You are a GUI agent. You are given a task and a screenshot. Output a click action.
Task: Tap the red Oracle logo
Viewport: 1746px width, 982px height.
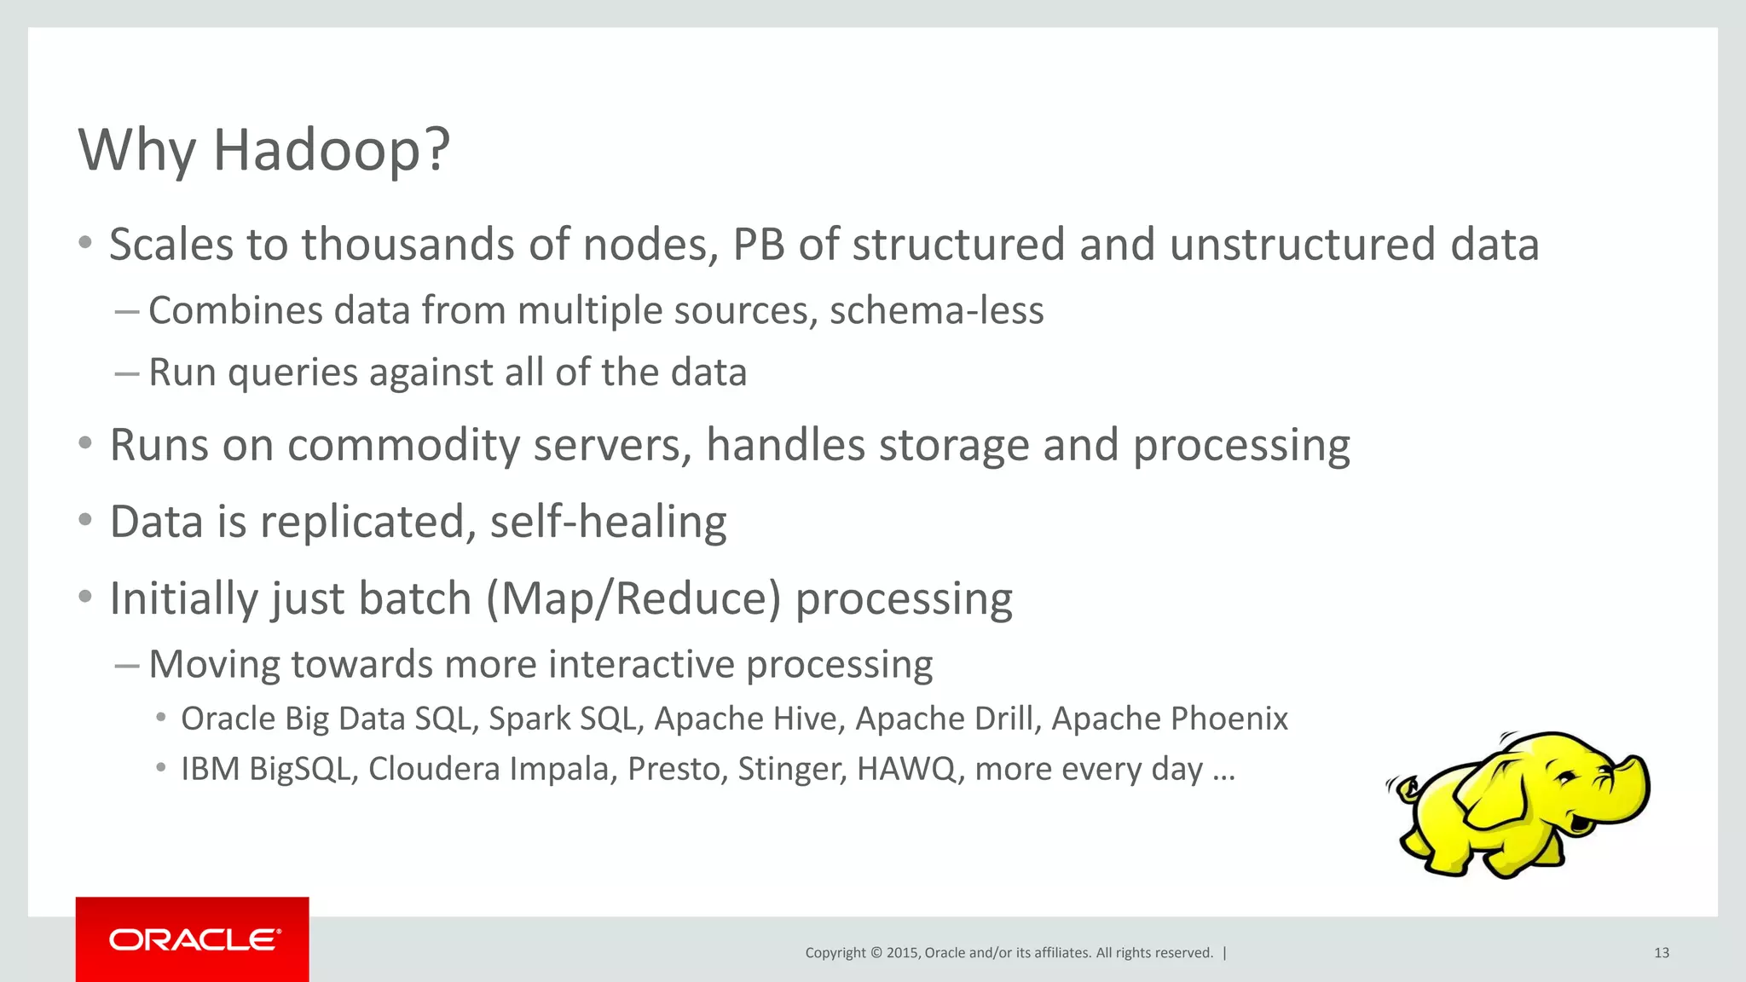coord(193,939)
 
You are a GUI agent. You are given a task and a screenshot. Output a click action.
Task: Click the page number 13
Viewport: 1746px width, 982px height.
coord(1661,953)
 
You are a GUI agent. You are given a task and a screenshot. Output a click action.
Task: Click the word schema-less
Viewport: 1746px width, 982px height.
coord(936,310)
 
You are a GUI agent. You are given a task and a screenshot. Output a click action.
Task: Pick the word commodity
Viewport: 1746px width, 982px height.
coord(403,446)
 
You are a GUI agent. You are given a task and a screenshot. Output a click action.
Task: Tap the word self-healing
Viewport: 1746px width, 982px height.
coord(608,522)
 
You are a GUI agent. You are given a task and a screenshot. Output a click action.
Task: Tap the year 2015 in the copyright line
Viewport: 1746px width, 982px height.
coord(902,953)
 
